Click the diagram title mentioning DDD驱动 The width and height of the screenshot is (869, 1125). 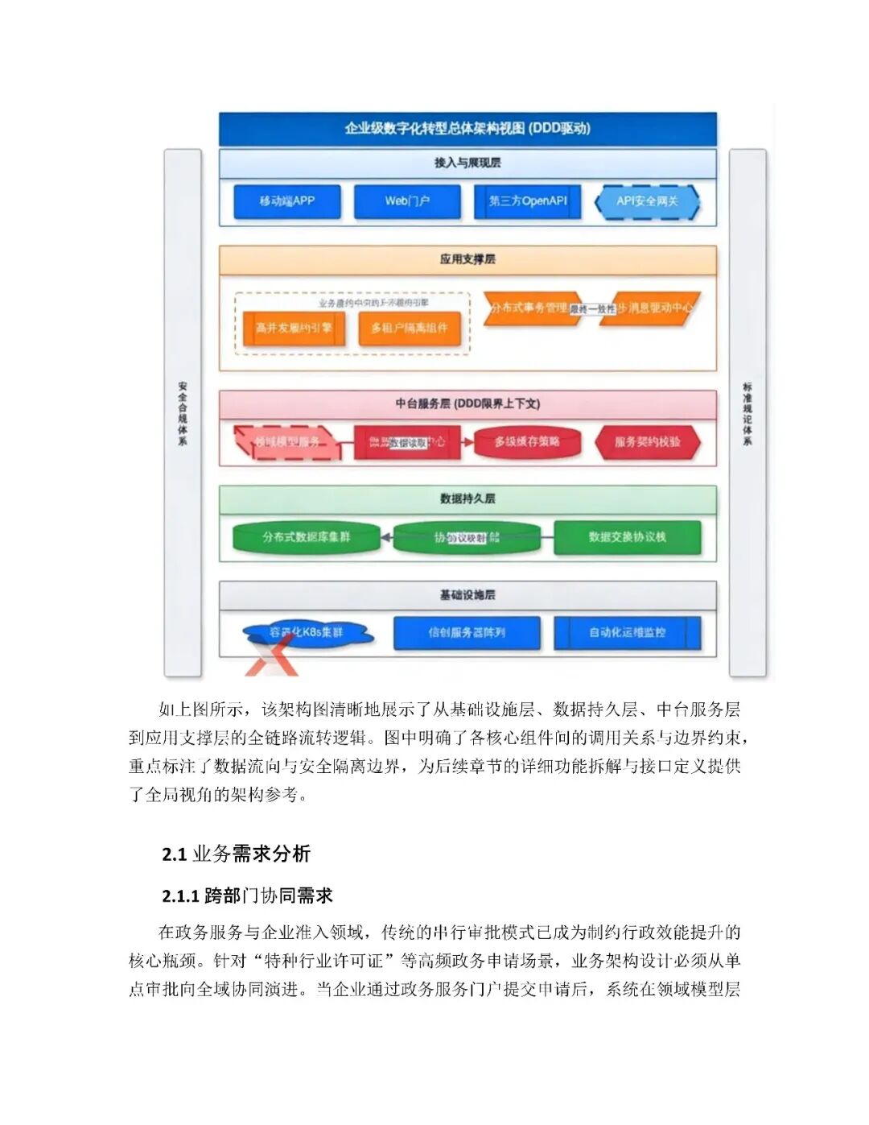point(467,128)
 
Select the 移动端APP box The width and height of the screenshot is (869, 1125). point(287,201)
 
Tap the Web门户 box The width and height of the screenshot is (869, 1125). point(407,201)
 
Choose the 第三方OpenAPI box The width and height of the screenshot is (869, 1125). point(528,201)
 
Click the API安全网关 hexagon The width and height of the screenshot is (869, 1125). point(647,201)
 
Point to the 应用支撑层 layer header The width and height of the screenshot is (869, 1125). point(467,259)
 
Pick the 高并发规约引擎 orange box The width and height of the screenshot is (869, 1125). point(294,329)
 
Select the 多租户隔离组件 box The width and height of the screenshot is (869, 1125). point(410,329)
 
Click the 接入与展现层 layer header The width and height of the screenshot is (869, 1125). point(467,163)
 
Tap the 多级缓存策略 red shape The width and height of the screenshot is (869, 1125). point(527,442)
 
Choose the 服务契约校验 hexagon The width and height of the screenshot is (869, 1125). point(647,442)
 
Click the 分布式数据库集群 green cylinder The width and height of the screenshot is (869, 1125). point(306,537)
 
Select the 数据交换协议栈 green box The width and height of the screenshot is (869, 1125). point(627,537)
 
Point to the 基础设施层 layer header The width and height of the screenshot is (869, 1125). point(467,595)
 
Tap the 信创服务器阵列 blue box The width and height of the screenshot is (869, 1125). point(467,633)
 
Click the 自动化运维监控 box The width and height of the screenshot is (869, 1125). point(627,633)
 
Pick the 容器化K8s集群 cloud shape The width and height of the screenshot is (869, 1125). point(307,633)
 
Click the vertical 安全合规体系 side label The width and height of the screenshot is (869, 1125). point(183,413)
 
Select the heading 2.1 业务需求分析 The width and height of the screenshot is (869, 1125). point(236,854)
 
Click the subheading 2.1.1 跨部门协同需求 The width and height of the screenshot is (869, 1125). point(247,895)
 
